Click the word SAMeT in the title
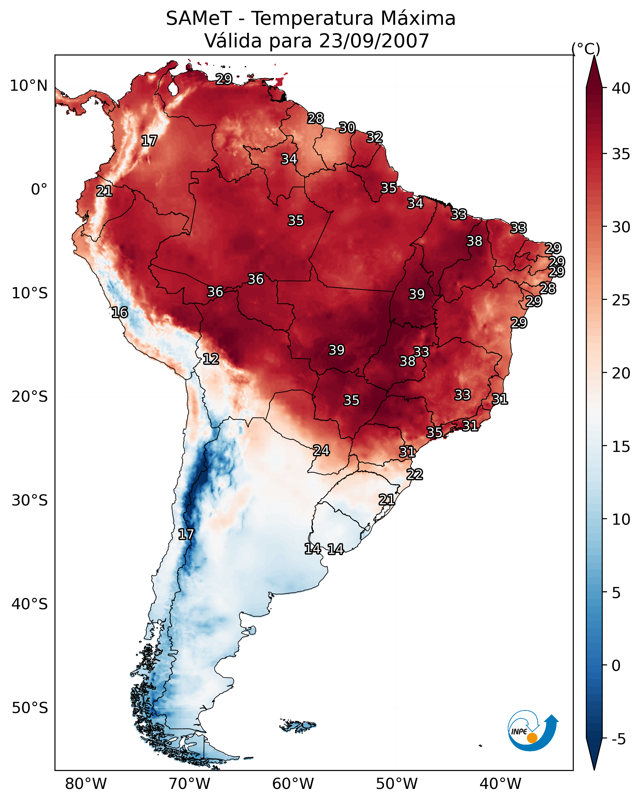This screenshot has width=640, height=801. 199,19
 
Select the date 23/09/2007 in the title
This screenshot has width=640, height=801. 374,41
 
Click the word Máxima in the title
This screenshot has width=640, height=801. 418,19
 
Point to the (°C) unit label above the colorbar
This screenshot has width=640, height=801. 586,49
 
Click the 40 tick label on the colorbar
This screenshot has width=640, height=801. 621,88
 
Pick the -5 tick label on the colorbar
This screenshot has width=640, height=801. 618,739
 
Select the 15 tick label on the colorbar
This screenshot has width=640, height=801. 621,447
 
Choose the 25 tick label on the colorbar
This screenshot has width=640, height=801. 621,300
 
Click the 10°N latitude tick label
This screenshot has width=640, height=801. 28,86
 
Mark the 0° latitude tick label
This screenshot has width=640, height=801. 39,190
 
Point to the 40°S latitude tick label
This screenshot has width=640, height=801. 30,604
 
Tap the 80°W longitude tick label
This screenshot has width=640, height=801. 86,784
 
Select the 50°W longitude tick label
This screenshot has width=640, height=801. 397,784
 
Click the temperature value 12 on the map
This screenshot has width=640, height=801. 211,359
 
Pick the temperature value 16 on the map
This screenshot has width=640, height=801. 120,313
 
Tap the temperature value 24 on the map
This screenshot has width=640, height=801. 321,451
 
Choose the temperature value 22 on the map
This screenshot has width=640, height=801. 415,475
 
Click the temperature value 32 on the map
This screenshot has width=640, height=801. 374,137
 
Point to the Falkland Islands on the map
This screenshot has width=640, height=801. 298,726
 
